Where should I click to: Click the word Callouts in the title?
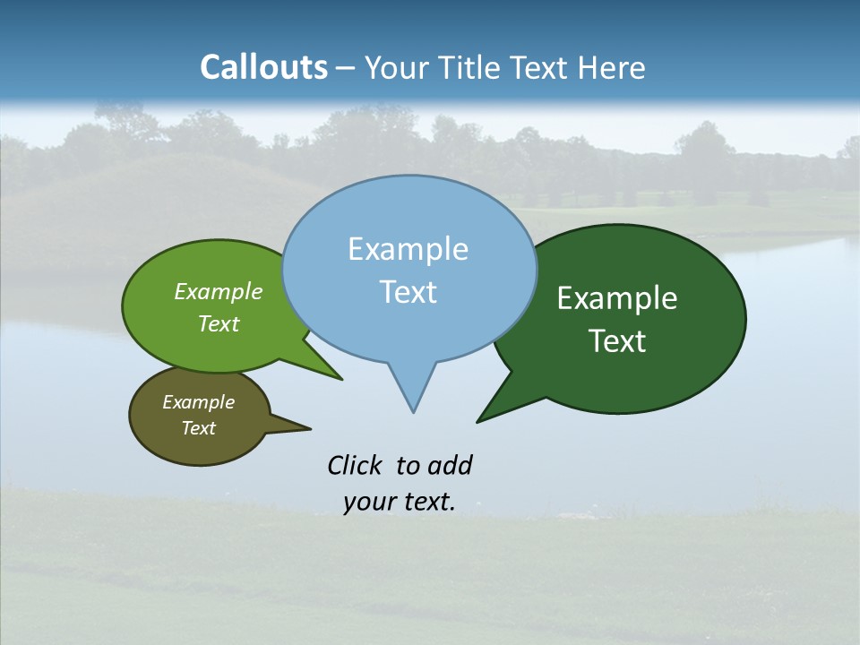pyautogui.click(x=263, y=67)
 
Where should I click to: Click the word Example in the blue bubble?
pyautogui.click(x=408, y=249)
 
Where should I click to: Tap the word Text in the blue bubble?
pyautogui.click(x=408, y=292)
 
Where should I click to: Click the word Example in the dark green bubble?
pyautogui.click(x=617, y=298)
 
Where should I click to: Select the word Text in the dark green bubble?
pyautogui.click(x=617, y=341)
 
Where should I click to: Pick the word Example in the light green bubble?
pyautogui.click(x=219, y=291)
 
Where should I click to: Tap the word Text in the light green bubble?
pyautogui.click(x=219, y=323)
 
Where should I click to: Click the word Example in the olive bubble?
pyautogui.click(x=198, y=402)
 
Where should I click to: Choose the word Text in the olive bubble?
pyautogui.click(x=198, y=428)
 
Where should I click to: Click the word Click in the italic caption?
pyautogui.click(x=354, y=465)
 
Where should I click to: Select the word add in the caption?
pyautogui.click(x=450, y=465)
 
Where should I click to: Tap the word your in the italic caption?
pyautogui.click(x=367, y=502)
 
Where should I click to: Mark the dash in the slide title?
pyautogui.click(x=347, y=68)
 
